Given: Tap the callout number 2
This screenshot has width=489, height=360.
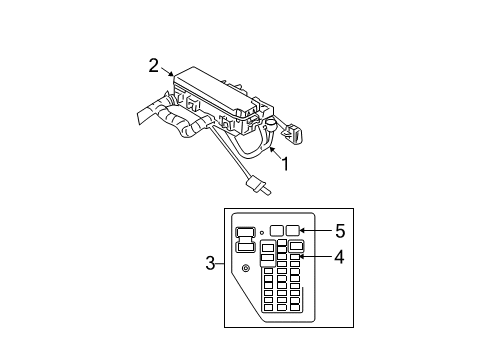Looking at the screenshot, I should [x=154, y=65].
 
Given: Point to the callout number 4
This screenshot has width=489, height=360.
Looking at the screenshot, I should [x=340, y=257].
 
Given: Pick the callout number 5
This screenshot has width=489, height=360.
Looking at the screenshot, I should [x=340, y=230].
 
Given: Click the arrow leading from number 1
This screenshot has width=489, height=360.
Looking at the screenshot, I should [x=271, y=152].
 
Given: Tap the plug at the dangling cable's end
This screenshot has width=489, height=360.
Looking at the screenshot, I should [x=258, y=186].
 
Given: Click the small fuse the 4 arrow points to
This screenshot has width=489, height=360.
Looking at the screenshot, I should [x=296, y=258].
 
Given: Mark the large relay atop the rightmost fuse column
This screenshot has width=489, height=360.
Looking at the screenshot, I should [x=297, y=246].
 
